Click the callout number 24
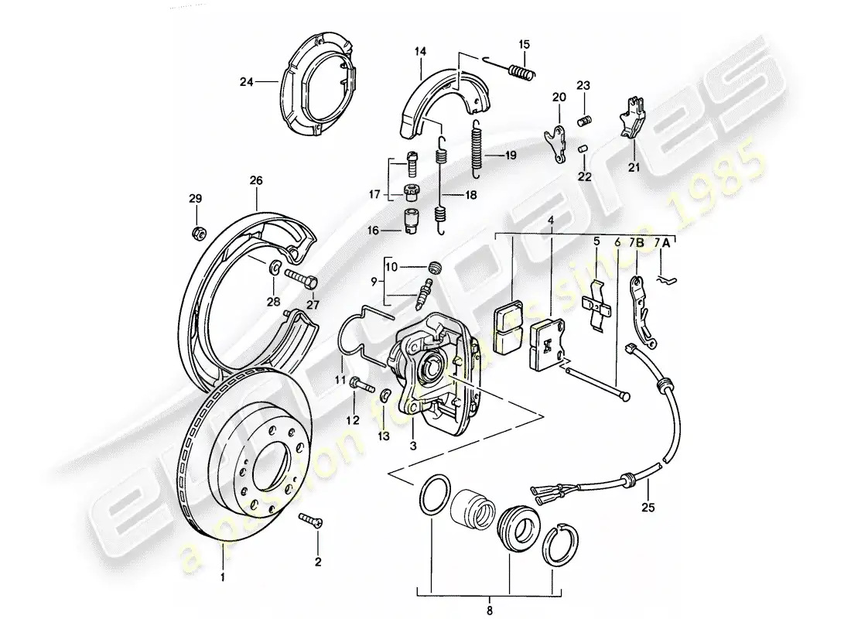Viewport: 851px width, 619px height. (246, 80)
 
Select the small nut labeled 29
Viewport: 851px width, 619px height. (197, 231)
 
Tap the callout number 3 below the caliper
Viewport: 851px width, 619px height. (413, 446)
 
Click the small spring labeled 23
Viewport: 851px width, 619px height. (586, 120)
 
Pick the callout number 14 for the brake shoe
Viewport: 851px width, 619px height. (420, 52)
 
